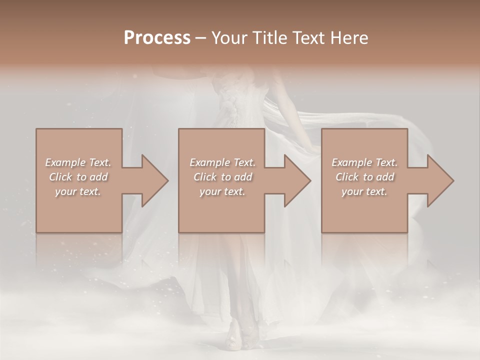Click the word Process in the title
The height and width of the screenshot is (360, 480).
[157, 38]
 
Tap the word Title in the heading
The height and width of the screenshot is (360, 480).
[265, 38]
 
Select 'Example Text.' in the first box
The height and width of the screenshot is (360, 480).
[78, 162]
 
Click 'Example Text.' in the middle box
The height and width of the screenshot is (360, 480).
[222, 162]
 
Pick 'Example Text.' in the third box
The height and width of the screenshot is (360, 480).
[364, 162]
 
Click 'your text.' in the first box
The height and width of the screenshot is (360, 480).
[78, 191]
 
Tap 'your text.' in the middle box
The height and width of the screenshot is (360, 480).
[222, 191]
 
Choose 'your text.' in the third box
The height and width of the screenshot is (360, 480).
[364, 191]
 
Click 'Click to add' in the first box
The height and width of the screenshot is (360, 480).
[78, 177]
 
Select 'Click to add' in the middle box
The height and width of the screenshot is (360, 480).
[222, 177]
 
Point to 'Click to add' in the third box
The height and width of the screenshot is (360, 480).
[364, 177]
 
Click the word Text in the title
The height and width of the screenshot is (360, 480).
[306, 38]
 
